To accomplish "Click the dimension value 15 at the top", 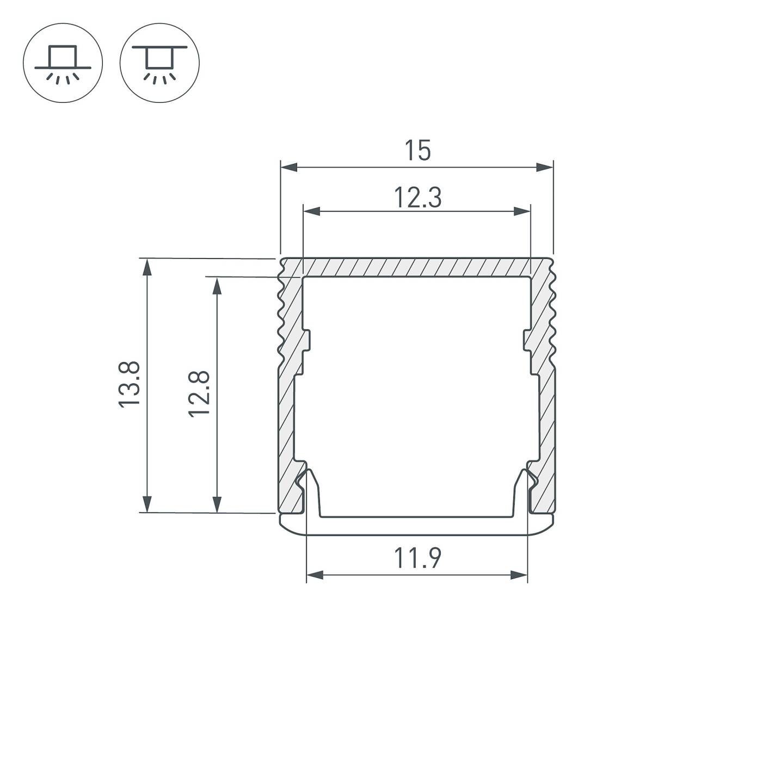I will (417, 151).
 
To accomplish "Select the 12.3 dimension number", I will (417, 198).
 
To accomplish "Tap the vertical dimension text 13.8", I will (130, 384).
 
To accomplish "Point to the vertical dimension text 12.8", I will (200, 394).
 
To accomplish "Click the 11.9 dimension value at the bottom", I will (417, 558).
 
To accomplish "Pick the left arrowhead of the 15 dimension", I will (288, 167).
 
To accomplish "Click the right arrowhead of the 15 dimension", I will (545, 167).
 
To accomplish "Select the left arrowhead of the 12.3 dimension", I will (311, 212).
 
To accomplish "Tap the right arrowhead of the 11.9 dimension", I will (519, 575).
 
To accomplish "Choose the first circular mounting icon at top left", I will (63, 63).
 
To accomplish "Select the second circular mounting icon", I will (159, 63).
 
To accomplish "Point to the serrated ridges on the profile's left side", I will (282, 316).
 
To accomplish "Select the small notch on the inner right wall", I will (527, 341).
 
